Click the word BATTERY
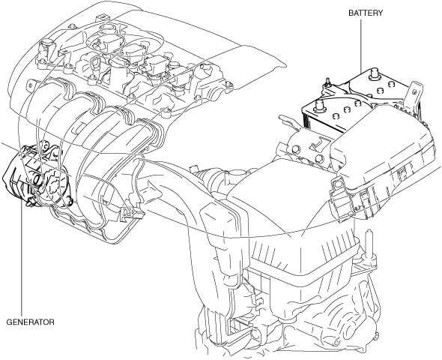click(366, 13)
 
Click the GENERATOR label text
click(30, 322)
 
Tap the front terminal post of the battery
click(318, 106)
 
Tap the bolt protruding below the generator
click(29, 202)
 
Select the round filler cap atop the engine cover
click(107, 28)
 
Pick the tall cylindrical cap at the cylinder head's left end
click(47, 44)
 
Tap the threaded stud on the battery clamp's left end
click(327, 81)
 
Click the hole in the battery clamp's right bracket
click(414, 91)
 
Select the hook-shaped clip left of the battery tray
click(288, 122)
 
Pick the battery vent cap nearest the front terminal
click(335, 115)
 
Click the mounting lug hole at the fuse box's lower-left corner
click(336, 185)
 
